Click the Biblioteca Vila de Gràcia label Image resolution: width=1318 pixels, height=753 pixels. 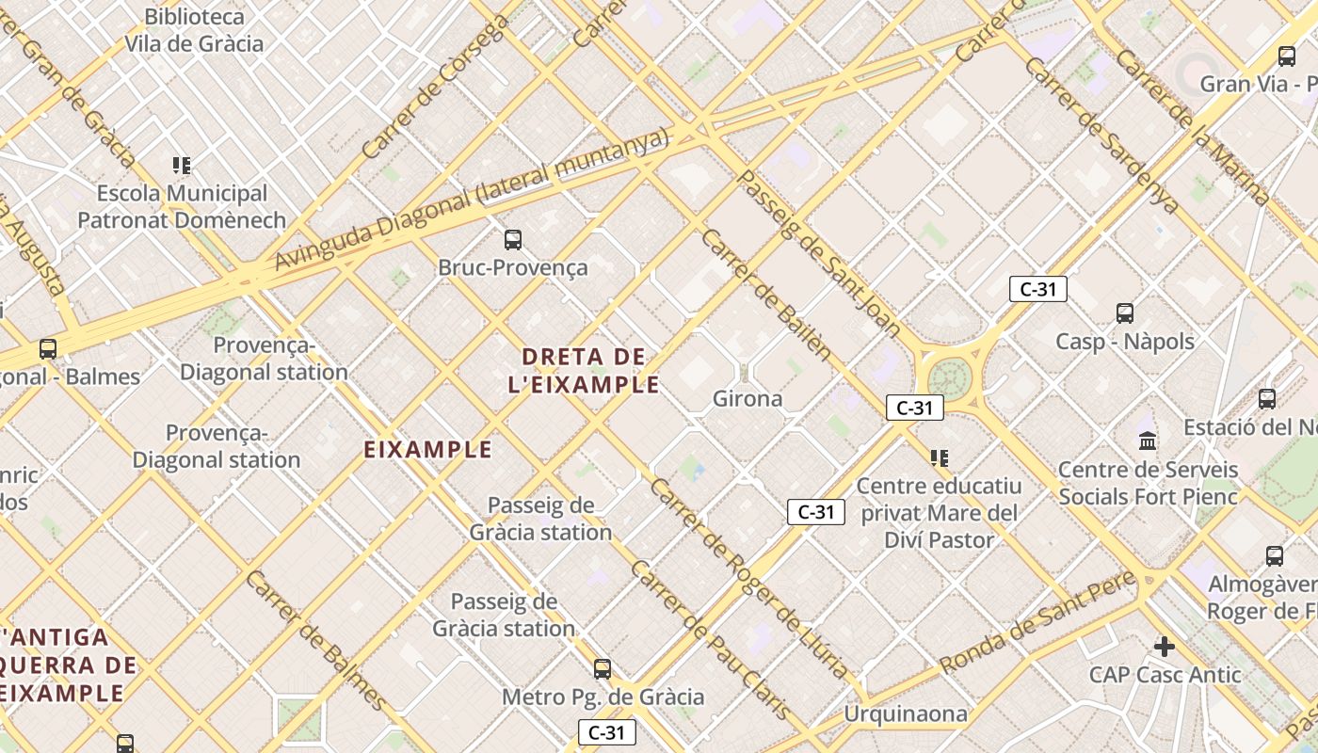194,30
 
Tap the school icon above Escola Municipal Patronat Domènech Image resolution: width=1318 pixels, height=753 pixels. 182,167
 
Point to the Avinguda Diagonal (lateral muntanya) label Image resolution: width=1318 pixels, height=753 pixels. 472,199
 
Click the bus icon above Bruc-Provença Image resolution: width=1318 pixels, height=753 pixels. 513,240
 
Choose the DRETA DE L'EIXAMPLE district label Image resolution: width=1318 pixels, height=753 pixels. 584,370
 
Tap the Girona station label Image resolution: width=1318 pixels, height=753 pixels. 747,398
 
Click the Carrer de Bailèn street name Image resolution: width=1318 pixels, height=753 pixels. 765,294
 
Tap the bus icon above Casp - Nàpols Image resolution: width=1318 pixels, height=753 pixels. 1124,313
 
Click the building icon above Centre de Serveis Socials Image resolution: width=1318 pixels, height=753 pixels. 1148,441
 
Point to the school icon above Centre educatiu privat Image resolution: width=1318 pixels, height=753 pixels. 939,458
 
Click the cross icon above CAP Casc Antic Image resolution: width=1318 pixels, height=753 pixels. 1165,647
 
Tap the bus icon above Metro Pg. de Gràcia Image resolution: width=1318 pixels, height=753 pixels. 603,669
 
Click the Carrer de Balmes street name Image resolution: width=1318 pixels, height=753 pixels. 315,640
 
